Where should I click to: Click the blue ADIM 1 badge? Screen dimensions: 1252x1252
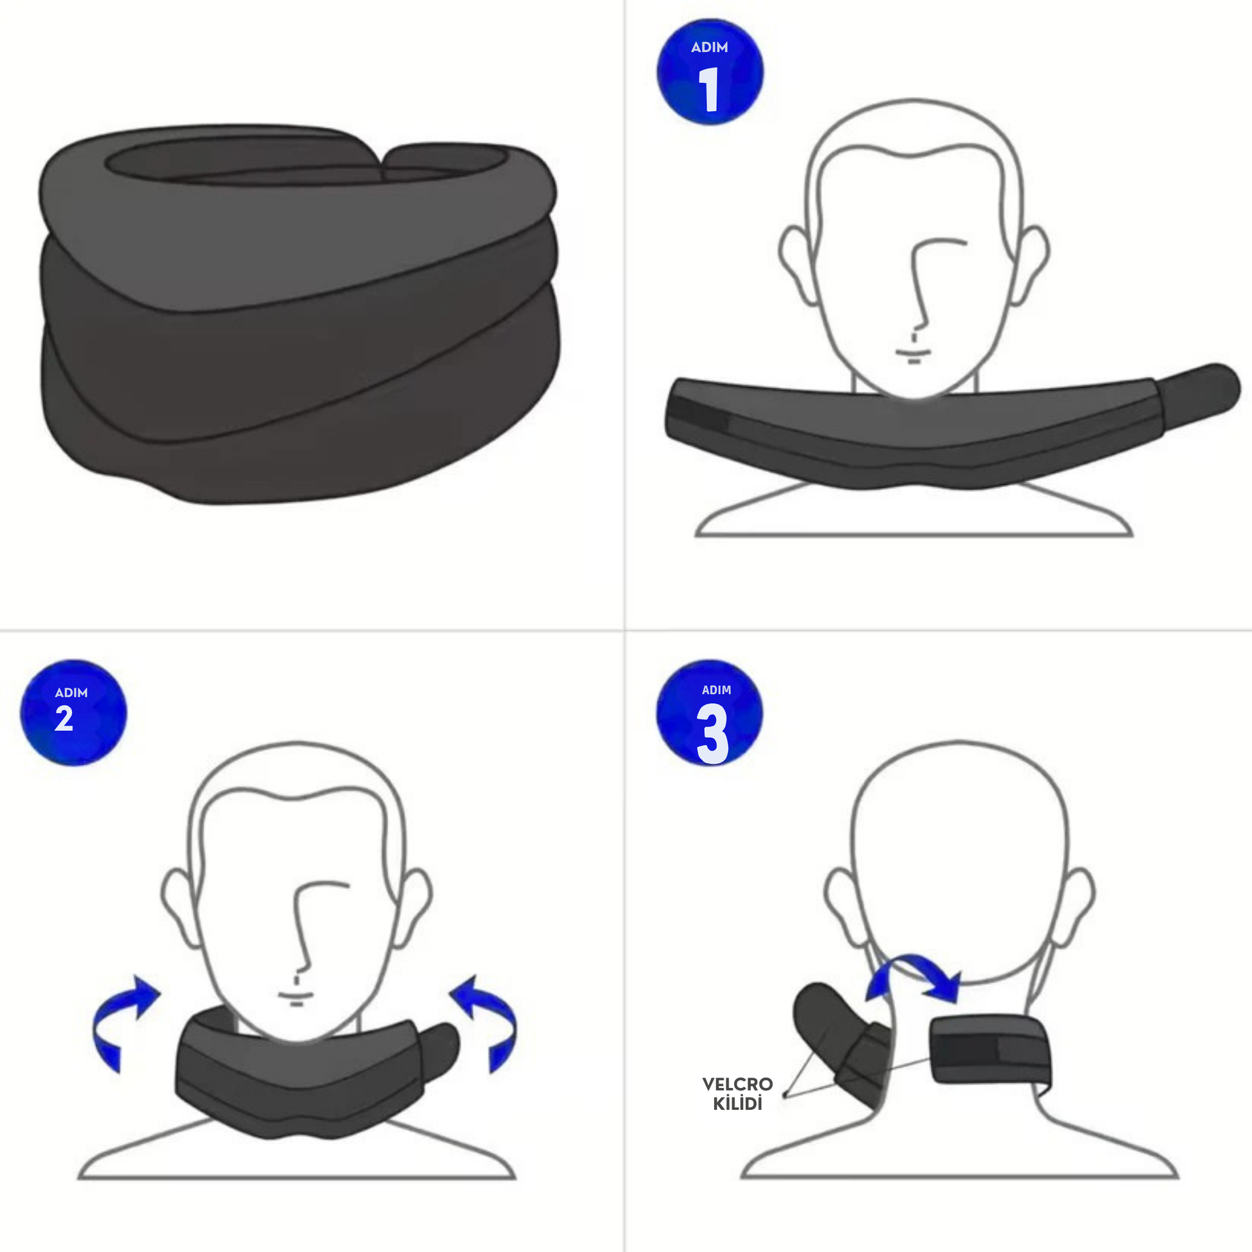click(710, 71)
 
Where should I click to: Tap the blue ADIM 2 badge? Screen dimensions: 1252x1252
click(74, 712)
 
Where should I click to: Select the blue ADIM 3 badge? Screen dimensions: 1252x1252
click(710, 712)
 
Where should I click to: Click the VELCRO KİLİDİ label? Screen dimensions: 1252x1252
click(737, 1093)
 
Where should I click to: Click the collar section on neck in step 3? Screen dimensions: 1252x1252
click(990, 1049)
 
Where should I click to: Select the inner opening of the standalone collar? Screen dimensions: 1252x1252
click(304, 160)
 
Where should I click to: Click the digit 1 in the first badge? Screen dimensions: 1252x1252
click(709, 89)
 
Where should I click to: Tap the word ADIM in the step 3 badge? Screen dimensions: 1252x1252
click(716, 690)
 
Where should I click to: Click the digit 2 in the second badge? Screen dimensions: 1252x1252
click(64, 719)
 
